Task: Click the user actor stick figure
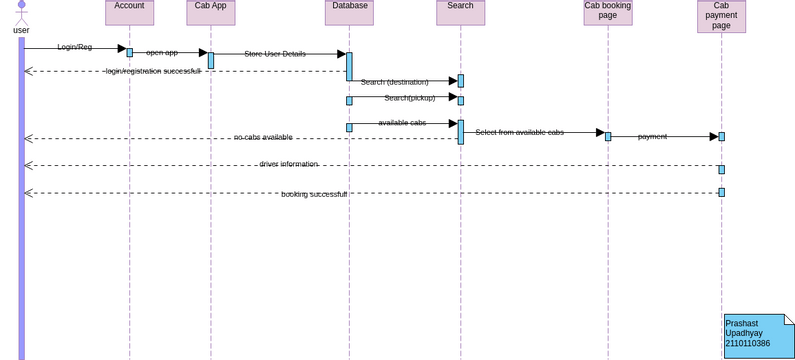pyautogui.click(x=21, y=12)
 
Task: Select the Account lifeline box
pyautogui.click(x=129, y=12)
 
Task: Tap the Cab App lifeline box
pyautogui.click(x=210, y=12)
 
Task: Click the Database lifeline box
pyautogui.click(x=349, y=12)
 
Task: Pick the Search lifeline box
pyautogui.click(x=460, y=12)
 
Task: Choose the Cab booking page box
pyautogui.click(x=607, y=12)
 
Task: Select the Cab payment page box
pyautogui.click(x=721, y=16)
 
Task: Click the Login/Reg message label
pyautogui.click(x=74, y=47)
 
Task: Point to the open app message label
pyautogui.click(x=162, y=52)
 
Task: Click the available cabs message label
pyautogui.click(x=402, y=123)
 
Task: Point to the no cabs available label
pyautogui.click(x=263, y=137)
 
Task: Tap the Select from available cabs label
pyautogui.click(x=519, y=132)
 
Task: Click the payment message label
pyautogui.click(x=652, y=136)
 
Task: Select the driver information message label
pyautogui.click(x=288, y=164)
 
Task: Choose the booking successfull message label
pyautogui.click(x=313, y=194)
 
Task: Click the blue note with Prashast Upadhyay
pyautogui.click(x=758, y=335)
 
